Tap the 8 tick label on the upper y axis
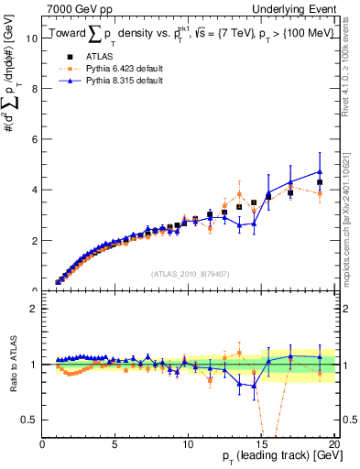(35, 89)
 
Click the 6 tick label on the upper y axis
(35, 139)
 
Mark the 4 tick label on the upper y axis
(35, 190)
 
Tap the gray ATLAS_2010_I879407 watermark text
(190, 272)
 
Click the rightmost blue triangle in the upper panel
(320, 171)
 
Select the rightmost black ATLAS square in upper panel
(320, 182)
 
